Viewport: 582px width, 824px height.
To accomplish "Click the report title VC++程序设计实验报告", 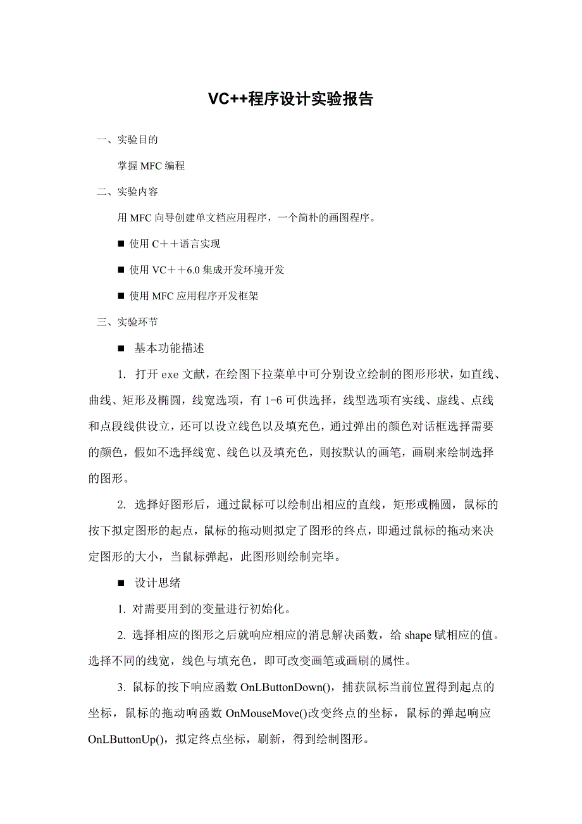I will point(291,99).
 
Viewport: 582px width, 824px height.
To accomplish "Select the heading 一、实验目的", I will point(127,140).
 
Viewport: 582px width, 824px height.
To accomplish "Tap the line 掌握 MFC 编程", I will point(151,166).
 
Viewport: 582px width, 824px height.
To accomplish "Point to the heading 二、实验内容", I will point(127,192).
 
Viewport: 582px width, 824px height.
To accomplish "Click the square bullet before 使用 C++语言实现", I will point(121,244).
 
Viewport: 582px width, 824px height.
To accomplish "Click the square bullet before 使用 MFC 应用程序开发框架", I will point(121,296).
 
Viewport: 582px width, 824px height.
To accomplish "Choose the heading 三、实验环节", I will point(127,322).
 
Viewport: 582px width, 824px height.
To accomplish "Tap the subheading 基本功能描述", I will point(169,348).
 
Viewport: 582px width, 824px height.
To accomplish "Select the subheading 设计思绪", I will point(158,583).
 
